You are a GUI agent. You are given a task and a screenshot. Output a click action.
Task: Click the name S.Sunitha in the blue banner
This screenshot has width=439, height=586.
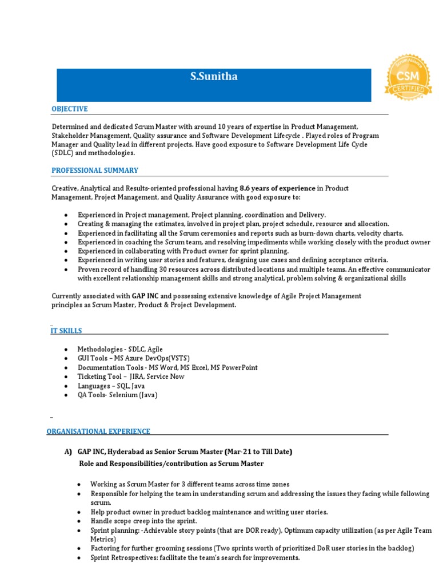point(213,77)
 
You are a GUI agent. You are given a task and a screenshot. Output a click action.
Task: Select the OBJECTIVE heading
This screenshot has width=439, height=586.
point(70,109)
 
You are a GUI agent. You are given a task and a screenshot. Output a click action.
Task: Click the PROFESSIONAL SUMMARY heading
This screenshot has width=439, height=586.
point(95,171)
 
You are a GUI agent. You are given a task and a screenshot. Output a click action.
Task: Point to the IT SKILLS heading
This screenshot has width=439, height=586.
point(67,331)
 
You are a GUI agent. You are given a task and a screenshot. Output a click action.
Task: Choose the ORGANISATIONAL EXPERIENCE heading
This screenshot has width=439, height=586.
point(98,431)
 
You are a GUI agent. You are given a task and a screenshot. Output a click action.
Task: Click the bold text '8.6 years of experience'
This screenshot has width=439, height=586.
point(277,188)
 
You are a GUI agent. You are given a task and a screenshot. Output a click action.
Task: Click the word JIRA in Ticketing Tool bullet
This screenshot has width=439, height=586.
point(136,377)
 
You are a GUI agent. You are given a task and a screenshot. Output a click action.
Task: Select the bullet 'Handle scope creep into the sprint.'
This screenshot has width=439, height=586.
point(143,521)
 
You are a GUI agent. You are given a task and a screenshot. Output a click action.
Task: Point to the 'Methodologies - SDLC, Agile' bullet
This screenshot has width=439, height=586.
point(120,349)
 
